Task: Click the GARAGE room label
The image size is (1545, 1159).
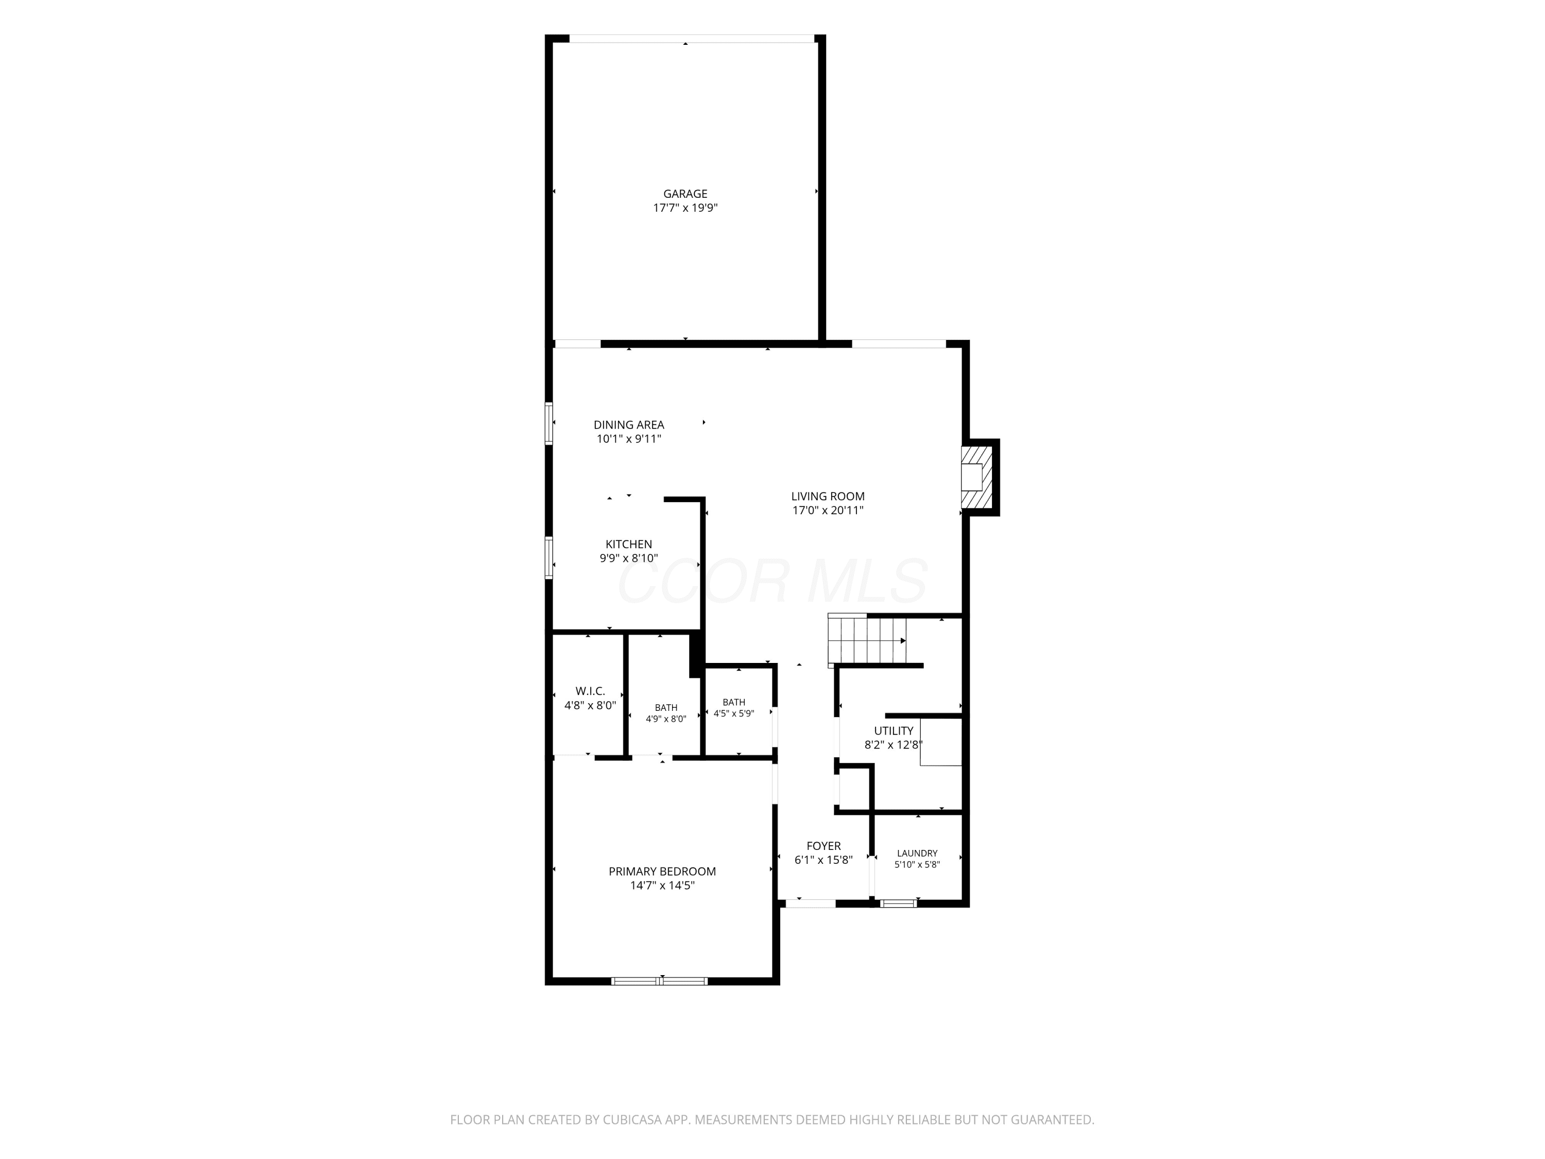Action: (685, 194)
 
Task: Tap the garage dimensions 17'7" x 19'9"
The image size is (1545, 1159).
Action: (685, 208)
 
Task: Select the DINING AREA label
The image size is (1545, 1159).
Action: (629, 425)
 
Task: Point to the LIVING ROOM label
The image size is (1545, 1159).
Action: (828, 496)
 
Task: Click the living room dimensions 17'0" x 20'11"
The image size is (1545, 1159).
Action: (828, 510)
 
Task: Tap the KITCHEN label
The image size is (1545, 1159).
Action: (629, 544)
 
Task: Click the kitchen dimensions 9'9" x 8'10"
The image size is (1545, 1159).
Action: (629, 558)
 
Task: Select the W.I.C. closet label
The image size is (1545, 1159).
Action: (590, 691)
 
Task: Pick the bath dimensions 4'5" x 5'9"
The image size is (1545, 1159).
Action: (733, 714)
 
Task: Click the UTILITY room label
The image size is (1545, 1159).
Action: (894, 731)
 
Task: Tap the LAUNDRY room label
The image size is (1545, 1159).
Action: (917, 853)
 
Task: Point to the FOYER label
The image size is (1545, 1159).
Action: (823, 846)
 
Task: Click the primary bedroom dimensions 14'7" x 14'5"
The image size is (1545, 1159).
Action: (662, 885)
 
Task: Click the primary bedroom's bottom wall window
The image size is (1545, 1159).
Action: (659, 981)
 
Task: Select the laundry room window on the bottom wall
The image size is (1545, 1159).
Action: (898, 904)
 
